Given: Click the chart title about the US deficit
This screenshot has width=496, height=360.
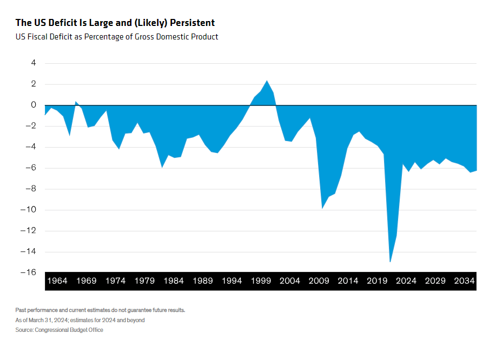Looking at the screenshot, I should [115, 23].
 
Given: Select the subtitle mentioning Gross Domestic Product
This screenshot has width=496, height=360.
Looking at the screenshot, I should [117, 37].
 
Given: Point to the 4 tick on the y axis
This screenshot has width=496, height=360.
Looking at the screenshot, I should [33, 63].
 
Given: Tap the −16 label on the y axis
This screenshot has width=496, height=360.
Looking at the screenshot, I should [29, 272].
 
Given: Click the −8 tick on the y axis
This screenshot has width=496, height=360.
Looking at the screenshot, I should [31, 189].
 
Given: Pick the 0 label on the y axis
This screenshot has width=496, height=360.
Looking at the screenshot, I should [33, 105].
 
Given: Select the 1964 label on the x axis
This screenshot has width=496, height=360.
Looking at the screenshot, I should [57, 281].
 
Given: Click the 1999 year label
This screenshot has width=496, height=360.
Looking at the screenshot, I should [261, 281].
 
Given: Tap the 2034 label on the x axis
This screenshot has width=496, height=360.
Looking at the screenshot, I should [464, 281].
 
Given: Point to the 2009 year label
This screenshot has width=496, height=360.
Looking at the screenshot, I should [319, 281].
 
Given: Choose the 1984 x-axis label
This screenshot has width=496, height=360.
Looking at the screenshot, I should [174, 281].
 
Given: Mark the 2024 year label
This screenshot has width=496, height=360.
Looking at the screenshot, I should [406, 281].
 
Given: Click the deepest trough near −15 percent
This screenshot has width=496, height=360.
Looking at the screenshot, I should [390, 262].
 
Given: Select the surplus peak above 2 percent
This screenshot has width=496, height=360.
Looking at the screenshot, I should [267, 81].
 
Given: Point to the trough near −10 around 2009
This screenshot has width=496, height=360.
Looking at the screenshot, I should [322, 208].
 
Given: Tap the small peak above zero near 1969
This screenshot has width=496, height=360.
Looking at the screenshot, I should [76, 102].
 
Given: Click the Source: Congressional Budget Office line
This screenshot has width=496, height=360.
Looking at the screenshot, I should [59, 330].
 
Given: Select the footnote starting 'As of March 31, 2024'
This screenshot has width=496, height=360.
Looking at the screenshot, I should [80, 320].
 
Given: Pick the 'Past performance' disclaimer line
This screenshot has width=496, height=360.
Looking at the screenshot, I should [101, 310].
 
